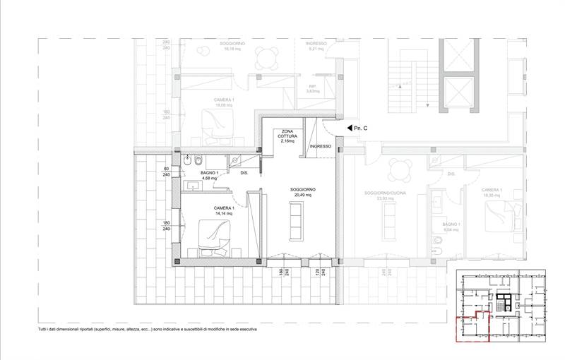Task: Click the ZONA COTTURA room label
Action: (287, 136)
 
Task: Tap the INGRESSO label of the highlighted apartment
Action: (320, 146)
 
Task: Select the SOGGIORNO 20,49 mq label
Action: (303, 193)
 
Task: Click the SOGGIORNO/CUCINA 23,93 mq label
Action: (384, 196)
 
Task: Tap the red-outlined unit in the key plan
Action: (473, 325)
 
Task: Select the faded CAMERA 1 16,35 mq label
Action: (492, 193)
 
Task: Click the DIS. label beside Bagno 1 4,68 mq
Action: (244, 173)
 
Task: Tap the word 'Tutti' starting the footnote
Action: (45, 330)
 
